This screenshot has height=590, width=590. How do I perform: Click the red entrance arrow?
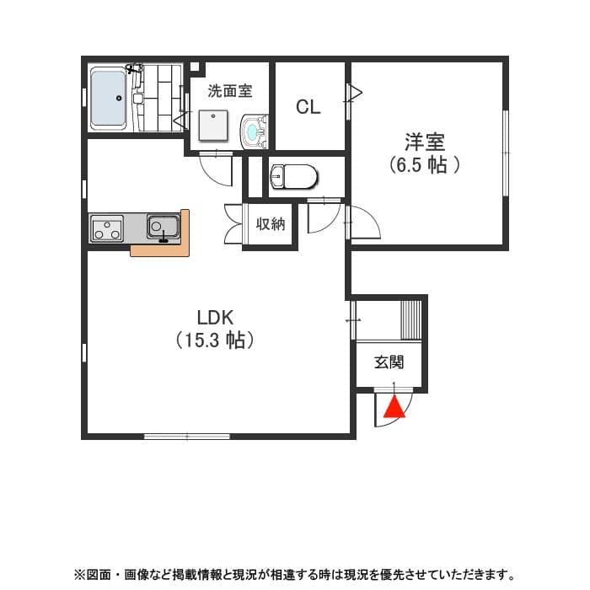393,407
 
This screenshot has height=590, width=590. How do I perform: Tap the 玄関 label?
389,362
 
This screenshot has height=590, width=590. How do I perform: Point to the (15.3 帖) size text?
215,341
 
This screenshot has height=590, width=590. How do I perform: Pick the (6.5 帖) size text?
425,164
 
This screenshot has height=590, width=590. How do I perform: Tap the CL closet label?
308,107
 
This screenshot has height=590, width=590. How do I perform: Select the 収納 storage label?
271,224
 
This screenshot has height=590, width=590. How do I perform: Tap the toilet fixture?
292,177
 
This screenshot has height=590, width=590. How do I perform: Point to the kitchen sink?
163,227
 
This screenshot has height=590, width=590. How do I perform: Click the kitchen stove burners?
107,228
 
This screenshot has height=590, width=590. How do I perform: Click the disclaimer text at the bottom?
294,574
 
